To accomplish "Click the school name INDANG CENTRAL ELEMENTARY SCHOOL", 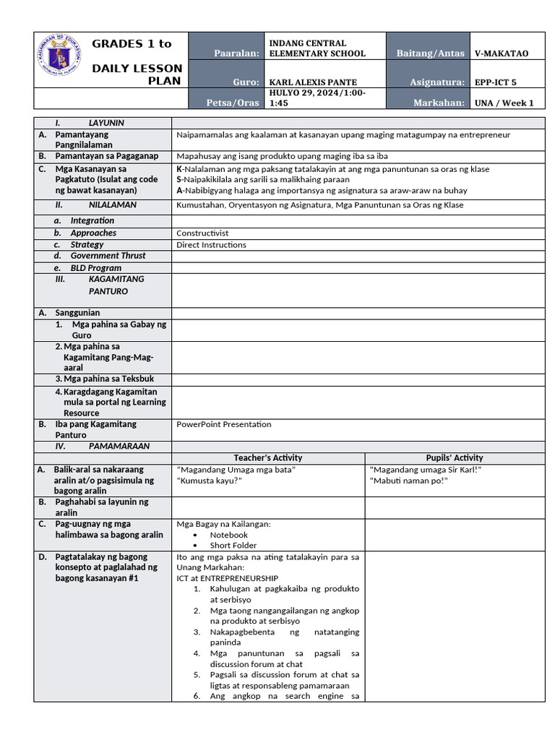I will pos(317,48).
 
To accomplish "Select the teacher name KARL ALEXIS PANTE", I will pos(313,82).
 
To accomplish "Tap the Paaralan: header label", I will pos(236,53).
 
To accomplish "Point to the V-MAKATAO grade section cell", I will pos(502,53).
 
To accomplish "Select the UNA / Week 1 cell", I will pos(504,103).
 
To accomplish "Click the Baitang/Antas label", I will pos(430,53).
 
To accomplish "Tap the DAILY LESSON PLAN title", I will pos(137,74).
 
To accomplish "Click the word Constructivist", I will pos(202,233).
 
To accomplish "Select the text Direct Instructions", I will pos(211,245).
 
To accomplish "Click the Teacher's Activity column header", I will pos(268,458).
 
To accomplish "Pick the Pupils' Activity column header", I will pos(455,458).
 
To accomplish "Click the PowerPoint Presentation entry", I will pos(224,424).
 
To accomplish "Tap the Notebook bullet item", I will pos(228,535).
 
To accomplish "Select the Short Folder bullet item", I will pos(233,546).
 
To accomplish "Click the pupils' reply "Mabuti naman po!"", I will pos(408,481).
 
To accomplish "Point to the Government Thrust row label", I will pos(108,256).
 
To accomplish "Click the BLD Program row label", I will pos(95,268).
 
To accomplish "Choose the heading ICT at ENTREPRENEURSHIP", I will pos(227,578).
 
